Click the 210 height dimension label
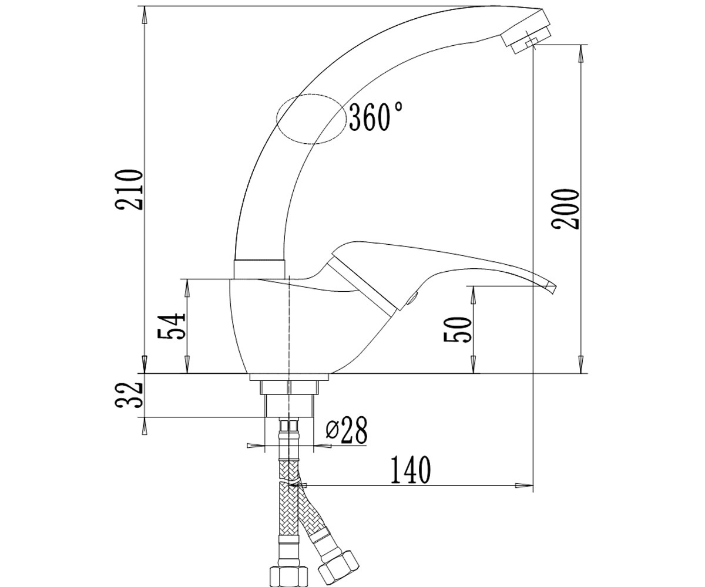coord(129,190)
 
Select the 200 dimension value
coord(565,209)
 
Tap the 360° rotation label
coord(376,117)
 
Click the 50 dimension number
coord(458,329)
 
